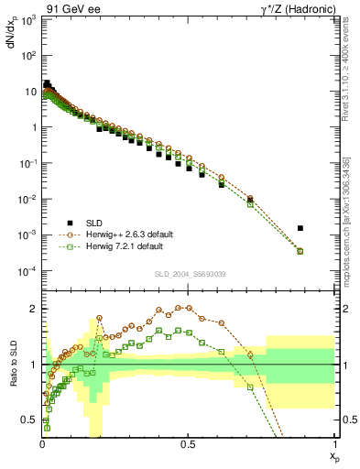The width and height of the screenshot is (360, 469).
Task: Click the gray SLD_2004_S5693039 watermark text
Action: click(x=189, y=274)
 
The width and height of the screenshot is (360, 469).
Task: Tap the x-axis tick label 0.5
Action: click(x=188, y=445)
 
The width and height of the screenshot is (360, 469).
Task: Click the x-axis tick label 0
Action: click(x=42, y=445)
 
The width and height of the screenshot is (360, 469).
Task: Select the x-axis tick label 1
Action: click(x=333, y=445)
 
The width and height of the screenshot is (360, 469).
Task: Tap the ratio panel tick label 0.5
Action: click(x=30, y=420)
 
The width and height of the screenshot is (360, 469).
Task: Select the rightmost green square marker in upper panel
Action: click(x=300, y=251)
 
